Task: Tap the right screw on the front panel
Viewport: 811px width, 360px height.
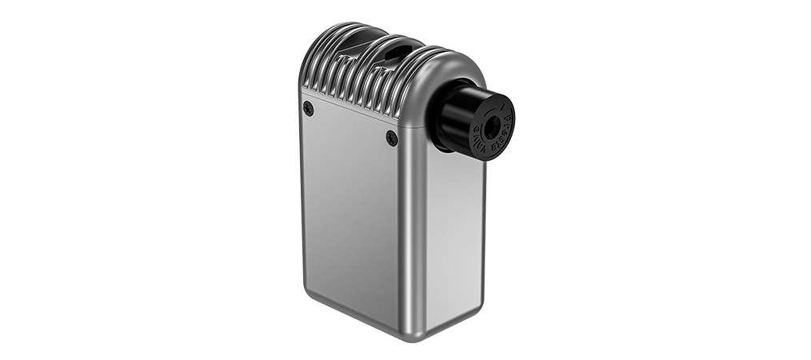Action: coord(391,138)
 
